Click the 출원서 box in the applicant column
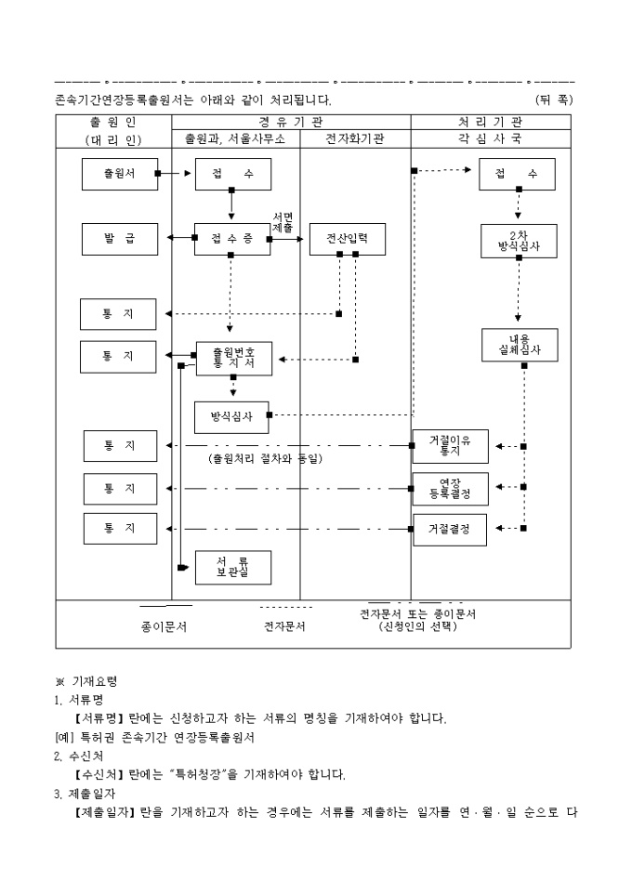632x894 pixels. tap(119, 174)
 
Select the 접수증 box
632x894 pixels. tap(231, 239)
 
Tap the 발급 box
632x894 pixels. tap(118, 239)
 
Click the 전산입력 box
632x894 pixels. tap(347, 239)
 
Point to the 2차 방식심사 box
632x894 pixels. tap(519, 240)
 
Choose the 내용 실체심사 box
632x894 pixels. tap(519, 345)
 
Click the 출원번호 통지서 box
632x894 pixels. tap(233, 358)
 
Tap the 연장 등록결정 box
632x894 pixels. tap(450, 488)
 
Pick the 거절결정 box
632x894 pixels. tap(450, 529)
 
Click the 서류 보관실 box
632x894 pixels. tap(232, 567)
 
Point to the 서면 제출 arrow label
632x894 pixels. tap(283, 222)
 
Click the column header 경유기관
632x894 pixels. tap(291, 122)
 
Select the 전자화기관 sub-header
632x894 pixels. tap(355, 138)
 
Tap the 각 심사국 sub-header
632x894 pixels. tap(490, 138)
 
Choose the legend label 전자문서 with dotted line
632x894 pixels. tap(285, 626)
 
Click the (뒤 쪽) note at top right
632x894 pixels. tap(554, 99)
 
